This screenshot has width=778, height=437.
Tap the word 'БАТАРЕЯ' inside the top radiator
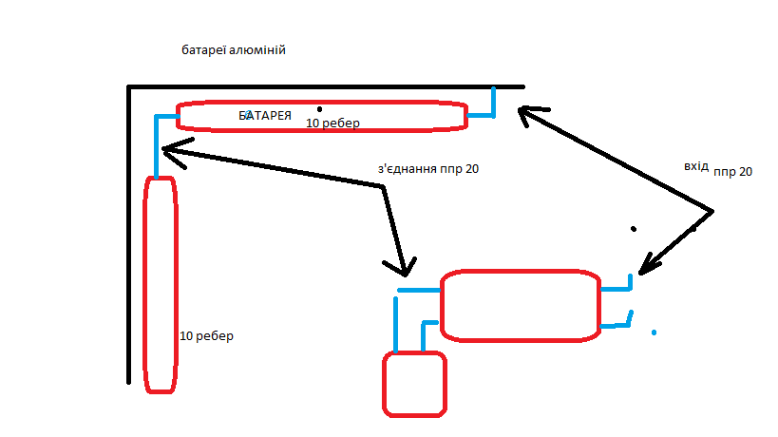[265, 115]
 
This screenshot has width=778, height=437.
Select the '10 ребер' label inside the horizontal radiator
[332, 123]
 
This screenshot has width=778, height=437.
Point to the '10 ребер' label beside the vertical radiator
[206, 336]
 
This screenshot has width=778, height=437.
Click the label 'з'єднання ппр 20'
[427, 170]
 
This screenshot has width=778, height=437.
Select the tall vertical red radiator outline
[161, 284]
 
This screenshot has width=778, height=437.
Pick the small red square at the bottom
[414, 384]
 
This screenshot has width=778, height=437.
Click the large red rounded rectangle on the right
[521, 306]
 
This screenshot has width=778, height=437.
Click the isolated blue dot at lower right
[654, 332]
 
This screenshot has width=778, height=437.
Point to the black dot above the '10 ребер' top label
[320, 108]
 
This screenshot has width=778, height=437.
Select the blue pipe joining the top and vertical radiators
[157, 142]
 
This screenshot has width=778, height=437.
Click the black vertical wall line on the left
[128, 237]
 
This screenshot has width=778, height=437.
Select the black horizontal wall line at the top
[323, 86]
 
